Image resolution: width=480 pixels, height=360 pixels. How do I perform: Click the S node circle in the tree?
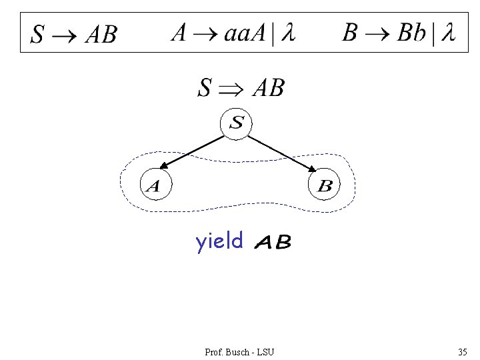pos(237,123)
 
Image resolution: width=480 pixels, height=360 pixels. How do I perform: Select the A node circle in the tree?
pos(153,185)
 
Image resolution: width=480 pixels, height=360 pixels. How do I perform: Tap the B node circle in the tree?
pos(325,185)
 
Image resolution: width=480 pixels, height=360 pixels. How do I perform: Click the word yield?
pos(219,241)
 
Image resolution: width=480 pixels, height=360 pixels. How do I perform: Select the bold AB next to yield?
pos(273,243)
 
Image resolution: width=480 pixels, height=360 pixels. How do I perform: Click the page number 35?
pos(462,351)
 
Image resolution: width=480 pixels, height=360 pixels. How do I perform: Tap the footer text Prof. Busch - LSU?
pos(239,351)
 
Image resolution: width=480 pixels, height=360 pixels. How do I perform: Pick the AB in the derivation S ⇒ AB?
pos(268,87)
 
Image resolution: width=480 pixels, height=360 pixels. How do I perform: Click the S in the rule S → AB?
pos(37,35)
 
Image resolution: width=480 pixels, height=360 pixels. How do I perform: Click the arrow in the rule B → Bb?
pos(377,33)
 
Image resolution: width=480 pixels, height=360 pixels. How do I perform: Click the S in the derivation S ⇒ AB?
pos(205,88)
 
